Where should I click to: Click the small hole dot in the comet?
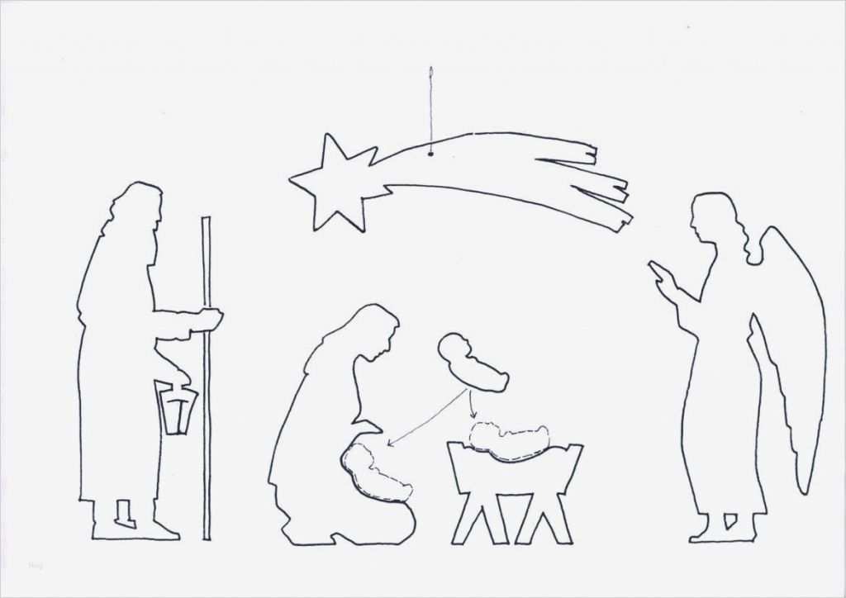pyautogui.click(x=430, y=154)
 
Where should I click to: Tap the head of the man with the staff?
pyautogui.click(x=136, y=206)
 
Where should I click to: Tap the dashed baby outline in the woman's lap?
pyautogui.click(x=376, y=473)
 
